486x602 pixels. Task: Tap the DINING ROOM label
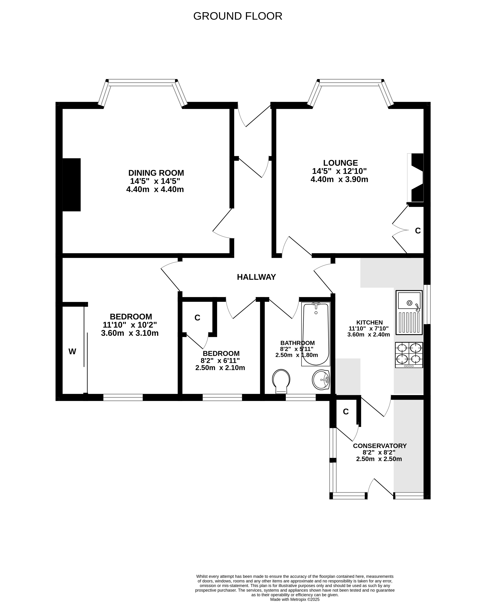pos(156,173)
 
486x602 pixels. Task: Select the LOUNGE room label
pos(341,163)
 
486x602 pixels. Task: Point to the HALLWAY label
pos(257,277)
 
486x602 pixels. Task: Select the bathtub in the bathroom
pos(316,334)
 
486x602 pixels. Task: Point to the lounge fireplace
pos(415,178)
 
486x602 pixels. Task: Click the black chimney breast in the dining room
pos(71,185)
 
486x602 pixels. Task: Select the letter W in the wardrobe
pos(72,351)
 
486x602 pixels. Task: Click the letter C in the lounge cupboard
pos(418,231)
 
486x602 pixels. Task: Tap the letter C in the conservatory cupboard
pos(346,412)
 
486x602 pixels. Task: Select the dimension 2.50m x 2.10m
pos(220,368)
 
